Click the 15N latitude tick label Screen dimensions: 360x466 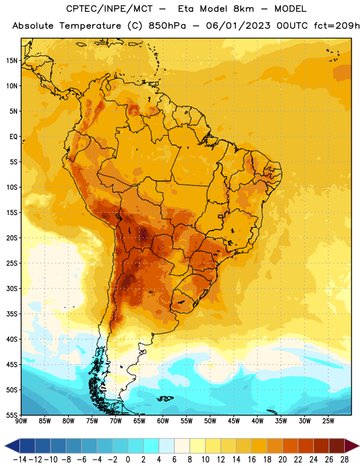coord(12,61)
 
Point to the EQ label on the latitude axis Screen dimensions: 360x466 coord(13,137)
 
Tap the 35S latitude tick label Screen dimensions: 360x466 coord(12,314)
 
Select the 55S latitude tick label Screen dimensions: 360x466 coord(12,415)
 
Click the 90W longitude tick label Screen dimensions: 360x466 coord(21,421)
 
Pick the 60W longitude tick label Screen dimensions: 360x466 coord(163,421)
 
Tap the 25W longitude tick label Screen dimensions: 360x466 coord(328,421)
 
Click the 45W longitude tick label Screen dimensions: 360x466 coord(234,421)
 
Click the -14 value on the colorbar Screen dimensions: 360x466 coord(20,460)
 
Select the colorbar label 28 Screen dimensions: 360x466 coord(344,460)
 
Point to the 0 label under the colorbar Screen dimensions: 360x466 coord(128,460)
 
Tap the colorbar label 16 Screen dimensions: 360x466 coord(252,460)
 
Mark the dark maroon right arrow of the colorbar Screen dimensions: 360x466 coord(351,446)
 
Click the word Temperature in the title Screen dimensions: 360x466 coord(90,26)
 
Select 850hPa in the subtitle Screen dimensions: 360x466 coord(167,26)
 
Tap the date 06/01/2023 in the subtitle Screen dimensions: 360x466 coord(238,26)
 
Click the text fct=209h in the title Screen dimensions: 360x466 coord(337,26)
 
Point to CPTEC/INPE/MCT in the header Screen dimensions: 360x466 coord(109,9)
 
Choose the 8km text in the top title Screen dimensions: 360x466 coord(243,9)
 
